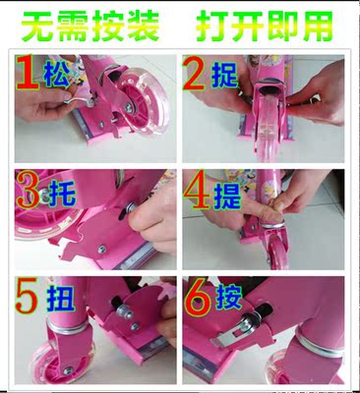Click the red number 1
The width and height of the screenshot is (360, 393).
click(28, 73)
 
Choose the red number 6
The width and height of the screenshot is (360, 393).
click(200, 298)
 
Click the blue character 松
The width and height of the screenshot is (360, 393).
click(58, 75)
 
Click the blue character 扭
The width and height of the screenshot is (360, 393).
click(60, 298)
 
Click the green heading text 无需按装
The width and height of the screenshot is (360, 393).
click(90, 26)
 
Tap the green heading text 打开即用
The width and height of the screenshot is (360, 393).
click(265, 26)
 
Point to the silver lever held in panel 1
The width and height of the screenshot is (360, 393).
click(79, 100)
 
